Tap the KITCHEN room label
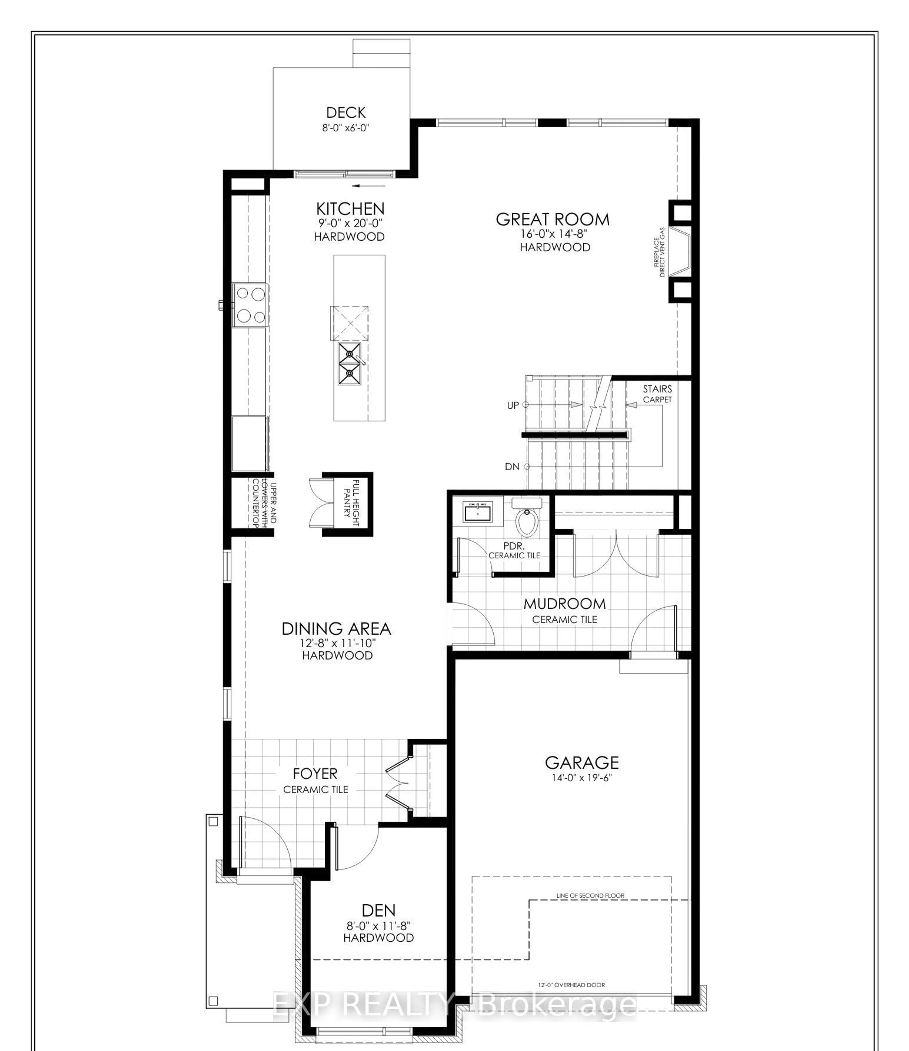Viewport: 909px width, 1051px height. [x=350, y=208]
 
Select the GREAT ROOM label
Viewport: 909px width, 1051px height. [x=553, y=220]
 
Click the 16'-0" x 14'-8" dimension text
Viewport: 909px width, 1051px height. [x=554, y=234]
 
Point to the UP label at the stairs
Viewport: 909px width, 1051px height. [x=513, y=405]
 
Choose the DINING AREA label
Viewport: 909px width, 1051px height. [x=336, y=629]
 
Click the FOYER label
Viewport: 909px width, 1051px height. [x=315, y=774]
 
